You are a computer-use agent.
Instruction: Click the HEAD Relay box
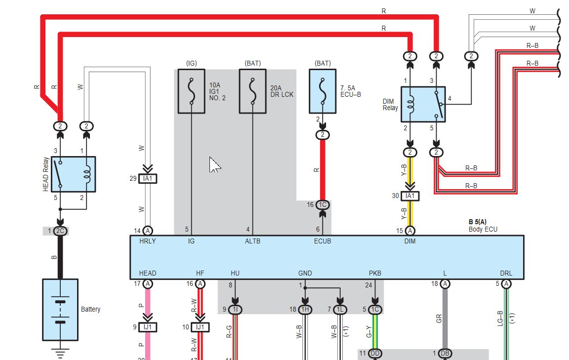pos(73,174)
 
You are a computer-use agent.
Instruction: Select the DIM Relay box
pos(423,104)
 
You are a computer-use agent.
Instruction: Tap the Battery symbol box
pos(60,310)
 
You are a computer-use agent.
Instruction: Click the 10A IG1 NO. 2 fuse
pos(192,91)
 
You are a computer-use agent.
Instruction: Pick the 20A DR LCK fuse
pos(252,91)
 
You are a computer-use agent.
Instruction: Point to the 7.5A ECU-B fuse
pos(323,91)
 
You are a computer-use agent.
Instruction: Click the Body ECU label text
pos(483,229)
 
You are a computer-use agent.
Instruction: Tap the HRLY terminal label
pos(147,241)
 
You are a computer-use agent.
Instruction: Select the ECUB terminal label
pos(323,241)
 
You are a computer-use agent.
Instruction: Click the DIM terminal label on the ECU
pos(409,241)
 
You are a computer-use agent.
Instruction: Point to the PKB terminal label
pos(375,273)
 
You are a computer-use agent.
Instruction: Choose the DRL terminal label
pos(506,273)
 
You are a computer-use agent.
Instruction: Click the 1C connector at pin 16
pos(323,204)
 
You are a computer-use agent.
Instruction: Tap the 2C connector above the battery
pos(60,231)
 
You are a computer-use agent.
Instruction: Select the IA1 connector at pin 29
pos(148,179)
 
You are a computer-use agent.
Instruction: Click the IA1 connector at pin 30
pos(410,196)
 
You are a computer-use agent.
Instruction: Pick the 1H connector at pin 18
pos(305,310)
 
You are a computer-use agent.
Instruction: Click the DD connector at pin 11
pos(375,354)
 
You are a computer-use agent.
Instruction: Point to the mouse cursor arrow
pos(214,165)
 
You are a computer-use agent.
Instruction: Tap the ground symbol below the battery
pos(60,353)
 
